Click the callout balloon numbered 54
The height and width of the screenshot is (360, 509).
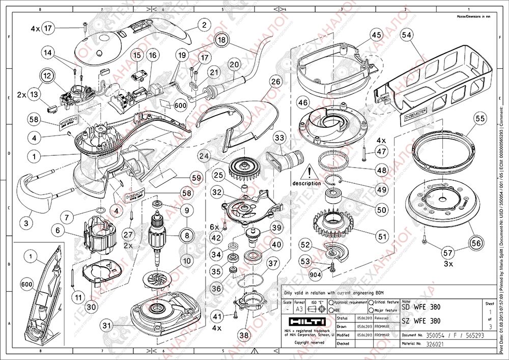click(x=406, y=35)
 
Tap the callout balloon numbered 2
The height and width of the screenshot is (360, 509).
click(x=204, y=24)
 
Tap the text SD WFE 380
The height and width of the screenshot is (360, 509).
click(x=420, y=308)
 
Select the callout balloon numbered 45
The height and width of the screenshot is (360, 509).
click(x=376, y=35)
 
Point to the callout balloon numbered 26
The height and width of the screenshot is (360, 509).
click(x=275, y=81)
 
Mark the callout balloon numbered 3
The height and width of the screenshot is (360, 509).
click(x=27, y=223)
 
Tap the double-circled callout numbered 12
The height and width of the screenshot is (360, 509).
click(x=47, y=75)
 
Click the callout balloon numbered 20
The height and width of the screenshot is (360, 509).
click(x=234, y=65)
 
